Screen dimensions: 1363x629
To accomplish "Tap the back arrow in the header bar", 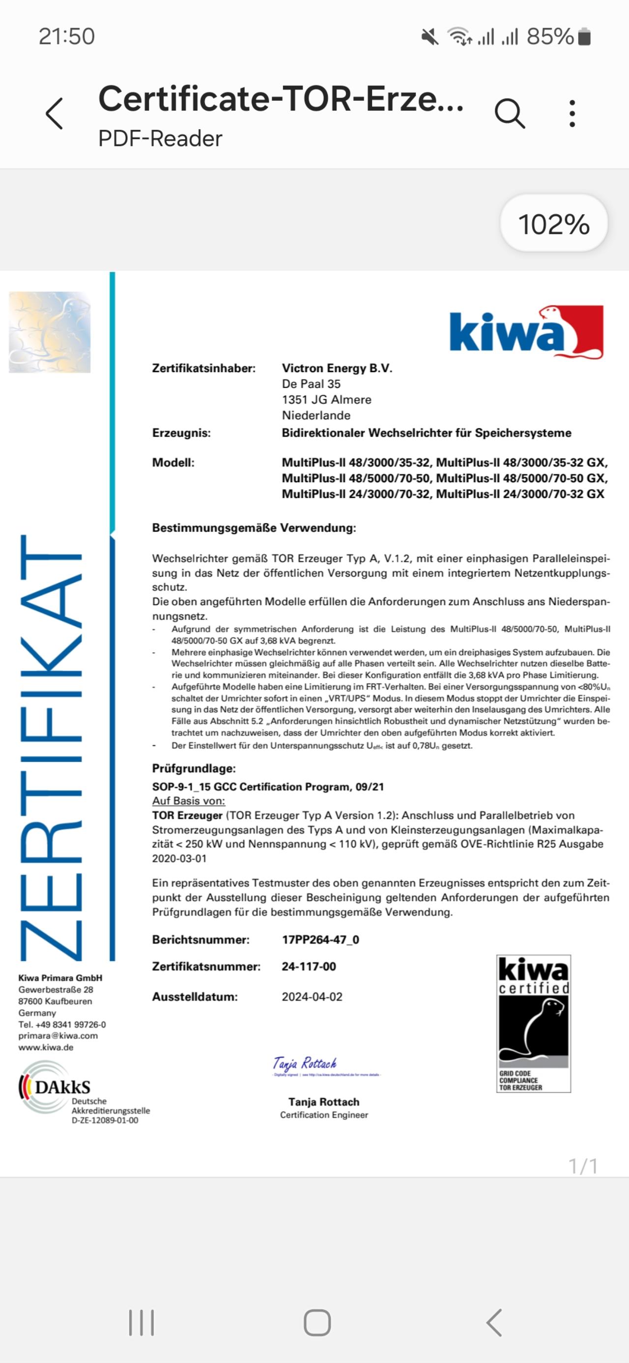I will [x=55, y=113].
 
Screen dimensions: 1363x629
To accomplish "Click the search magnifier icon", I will [x=510, y=113].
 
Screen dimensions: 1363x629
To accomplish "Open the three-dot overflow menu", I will [x=572, y=113].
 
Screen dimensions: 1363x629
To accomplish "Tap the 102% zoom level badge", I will [x=553, y=224].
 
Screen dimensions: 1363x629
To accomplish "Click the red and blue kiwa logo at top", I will [x=526, y=332].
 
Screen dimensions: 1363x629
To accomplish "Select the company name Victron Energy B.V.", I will [x=337, y=368].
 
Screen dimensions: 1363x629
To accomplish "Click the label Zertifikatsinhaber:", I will [x=203, y=368].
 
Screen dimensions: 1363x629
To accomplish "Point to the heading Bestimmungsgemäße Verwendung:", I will [x=254, y=527].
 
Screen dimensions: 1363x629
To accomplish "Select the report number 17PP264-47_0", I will [x=320, y=940].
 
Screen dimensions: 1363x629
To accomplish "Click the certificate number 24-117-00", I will [x=309, y=966].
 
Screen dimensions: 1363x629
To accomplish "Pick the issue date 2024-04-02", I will [x=312, y=997].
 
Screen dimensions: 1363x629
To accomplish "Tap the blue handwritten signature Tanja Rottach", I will [x=305, y=1064].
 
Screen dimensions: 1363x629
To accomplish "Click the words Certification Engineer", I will [x=324, y=1115].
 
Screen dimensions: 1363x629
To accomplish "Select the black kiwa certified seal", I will [x=533, y=1023].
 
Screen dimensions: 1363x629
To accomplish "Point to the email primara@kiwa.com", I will [x=57, y=1036].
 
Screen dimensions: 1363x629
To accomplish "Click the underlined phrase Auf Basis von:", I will [x=188, y=801].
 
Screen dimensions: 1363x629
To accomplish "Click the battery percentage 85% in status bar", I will [x=550, y=36].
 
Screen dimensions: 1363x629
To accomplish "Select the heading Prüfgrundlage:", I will [x=194, y=768].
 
